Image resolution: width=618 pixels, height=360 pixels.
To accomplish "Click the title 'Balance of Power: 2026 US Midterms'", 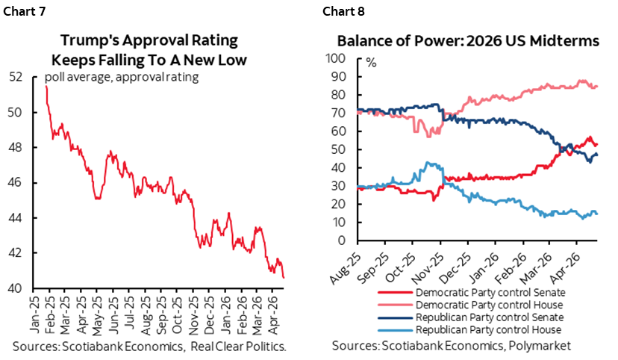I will click(469, 42).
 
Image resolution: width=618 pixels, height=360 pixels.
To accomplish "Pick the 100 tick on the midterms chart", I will click(338, 58).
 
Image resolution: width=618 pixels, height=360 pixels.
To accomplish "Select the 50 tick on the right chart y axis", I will click(341, 149).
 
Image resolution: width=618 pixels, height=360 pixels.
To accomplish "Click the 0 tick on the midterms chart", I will click(344, 241).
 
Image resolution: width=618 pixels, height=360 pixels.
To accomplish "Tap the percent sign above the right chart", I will click(371, 62).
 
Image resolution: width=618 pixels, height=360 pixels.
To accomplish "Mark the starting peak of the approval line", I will click(46, 87).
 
